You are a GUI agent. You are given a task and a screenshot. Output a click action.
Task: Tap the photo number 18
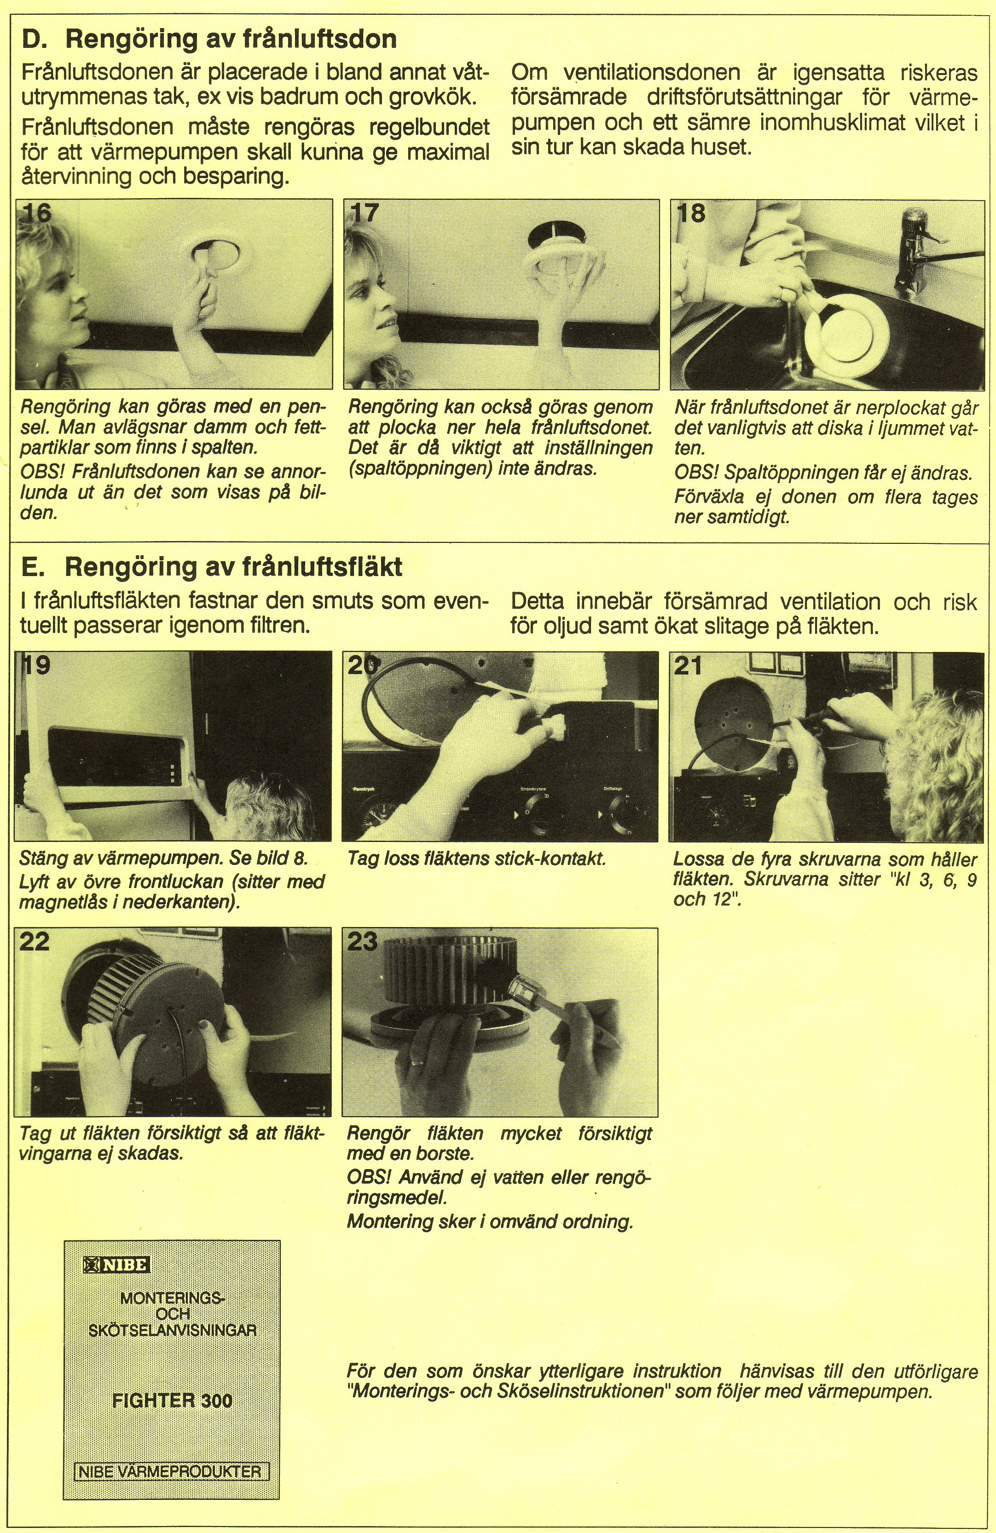691,213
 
